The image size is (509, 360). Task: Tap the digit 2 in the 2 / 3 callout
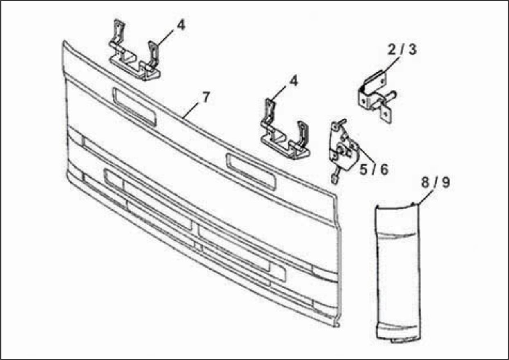(x=392, y=50)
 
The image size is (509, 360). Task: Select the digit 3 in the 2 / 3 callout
(x=412, y=50)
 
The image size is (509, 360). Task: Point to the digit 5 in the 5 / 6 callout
(x=363, y=169)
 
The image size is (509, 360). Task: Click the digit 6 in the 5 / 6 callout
(x=384, y=169)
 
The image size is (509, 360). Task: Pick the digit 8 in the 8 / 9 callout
(x=426, y=183)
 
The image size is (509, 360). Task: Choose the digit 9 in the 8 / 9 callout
(x=446, y=183)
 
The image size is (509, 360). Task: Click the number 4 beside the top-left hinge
(x=181, y=25)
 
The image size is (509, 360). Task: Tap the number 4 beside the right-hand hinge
(x=293, y=81)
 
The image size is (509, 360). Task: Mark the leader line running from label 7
(x=191, y=110)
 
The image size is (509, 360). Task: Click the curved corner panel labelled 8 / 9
(x=398, y=272)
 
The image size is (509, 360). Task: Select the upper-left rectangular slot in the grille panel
(x=134, y=107)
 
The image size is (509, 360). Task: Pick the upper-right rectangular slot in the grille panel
(x=251, y=172)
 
